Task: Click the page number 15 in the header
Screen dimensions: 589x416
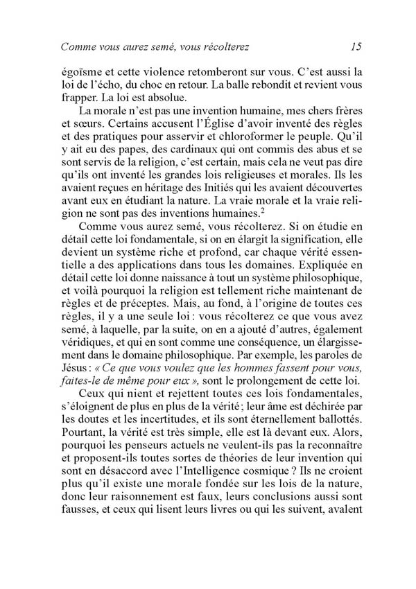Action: click(x=356, y=47)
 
